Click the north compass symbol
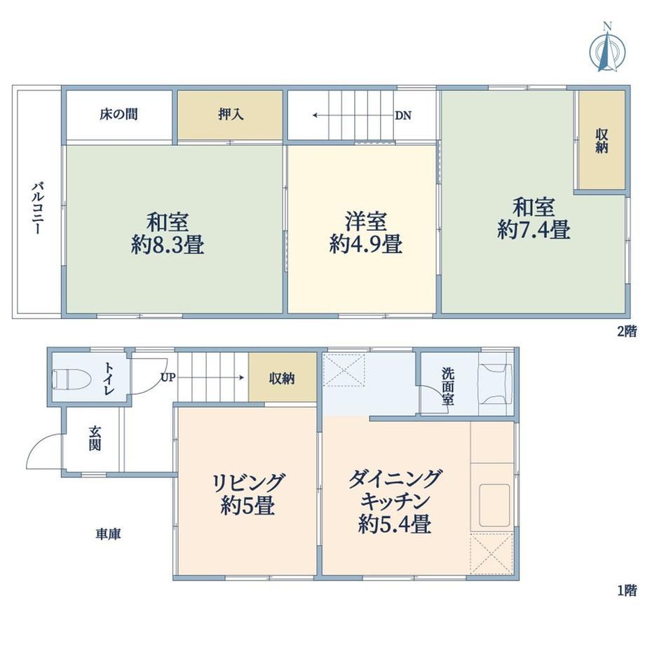[607, 48]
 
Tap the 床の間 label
[118, 114]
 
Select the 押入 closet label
[231, 114]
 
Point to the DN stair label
[403, 116]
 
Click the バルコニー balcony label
[37, 208]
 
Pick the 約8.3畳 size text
[168, 245]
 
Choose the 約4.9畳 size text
[365, 244]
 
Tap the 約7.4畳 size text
[534, 229]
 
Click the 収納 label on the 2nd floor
[602, 141]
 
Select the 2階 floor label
[627, 331]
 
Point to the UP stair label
[168, 377]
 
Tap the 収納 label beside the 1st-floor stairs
[282, 378]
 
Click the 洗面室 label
[448, 386]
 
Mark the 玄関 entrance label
[95, 438]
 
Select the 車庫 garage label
[108, 534]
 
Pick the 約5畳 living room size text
[247, 505]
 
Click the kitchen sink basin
[494, 505]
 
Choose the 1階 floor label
[627, 591]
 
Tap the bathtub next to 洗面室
[495, 384]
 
